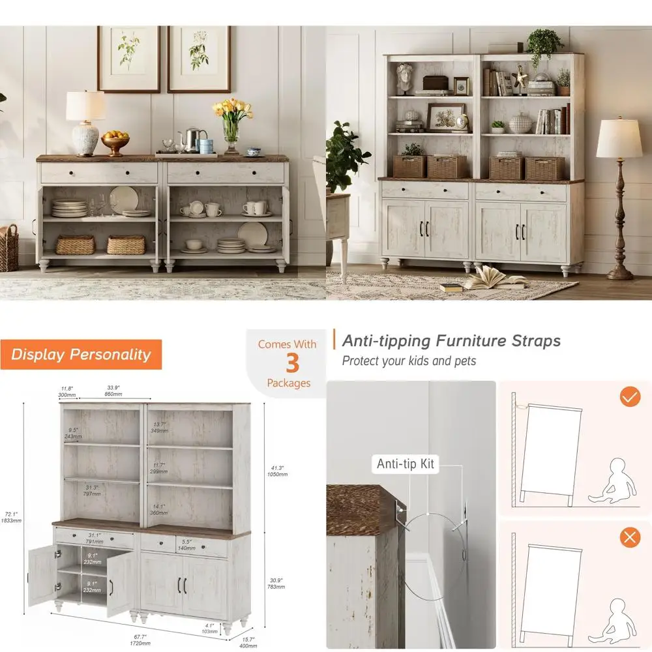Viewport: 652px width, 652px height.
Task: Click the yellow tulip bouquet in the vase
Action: point(232,110)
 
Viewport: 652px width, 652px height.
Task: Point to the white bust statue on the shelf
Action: point(405,78)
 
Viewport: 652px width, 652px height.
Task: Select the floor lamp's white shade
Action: point(619,138)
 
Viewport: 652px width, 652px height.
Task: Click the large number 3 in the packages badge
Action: point(291,363)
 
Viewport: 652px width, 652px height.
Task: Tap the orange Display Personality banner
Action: point(81,355)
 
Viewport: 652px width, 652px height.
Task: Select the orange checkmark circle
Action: point(629,396)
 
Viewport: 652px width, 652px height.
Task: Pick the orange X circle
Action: point(629,537)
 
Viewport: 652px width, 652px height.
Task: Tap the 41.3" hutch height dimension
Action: point(276,471)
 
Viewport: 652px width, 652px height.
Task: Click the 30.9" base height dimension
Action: point(276,583)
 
